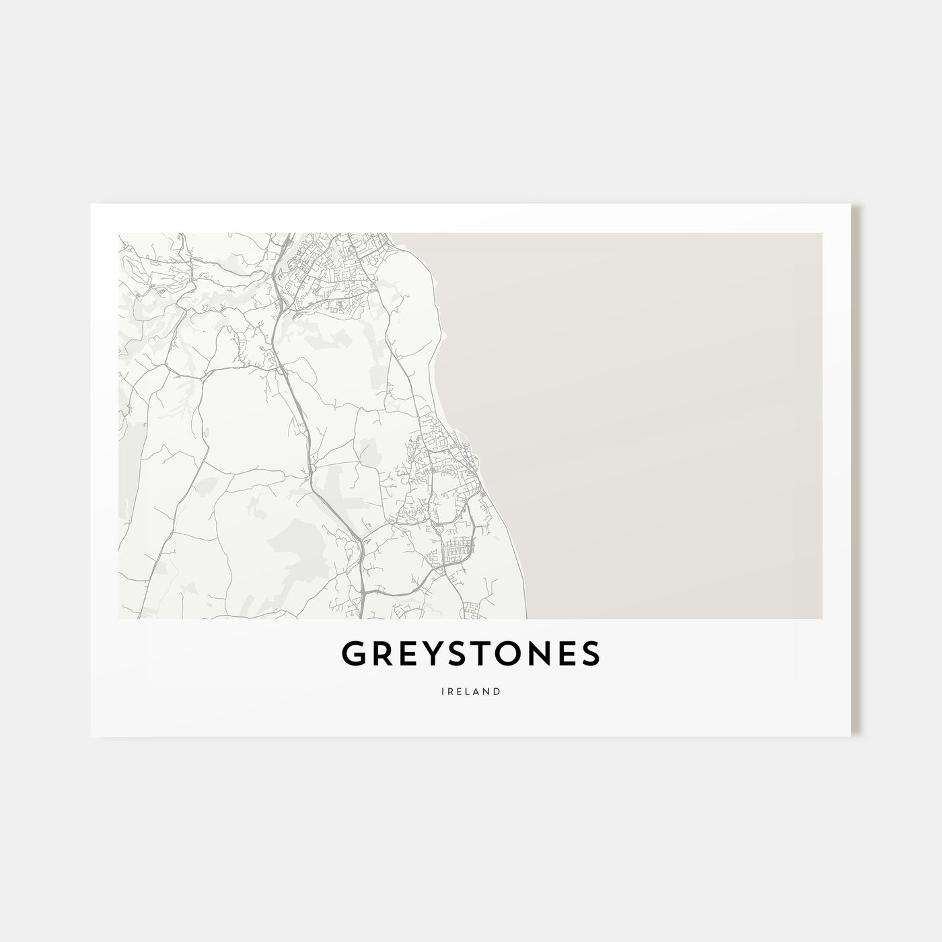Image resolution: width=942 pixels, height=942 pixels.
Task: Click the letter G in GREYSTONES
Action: click(355, 653)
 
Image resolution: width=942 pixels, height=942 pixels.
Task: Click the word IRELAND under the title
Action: click(471, 691)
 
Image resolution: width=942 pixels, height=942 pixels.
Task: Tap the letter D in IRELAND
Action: click(497, 691)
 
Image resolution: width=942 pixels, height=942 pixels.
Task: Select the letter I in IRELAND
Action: click(444, 691)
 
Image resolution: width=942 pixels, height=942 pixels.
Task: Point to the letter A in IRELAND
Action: click(476, 691)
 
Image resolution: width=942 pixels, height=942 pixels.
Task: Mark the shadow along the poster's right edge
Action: click(857, 471)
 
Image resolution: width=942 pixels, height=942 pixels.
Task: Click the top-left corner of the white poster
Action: click(91, 205)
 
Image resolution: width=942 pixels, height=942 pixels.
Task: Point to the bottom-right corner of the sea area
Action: click(822, 618)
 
